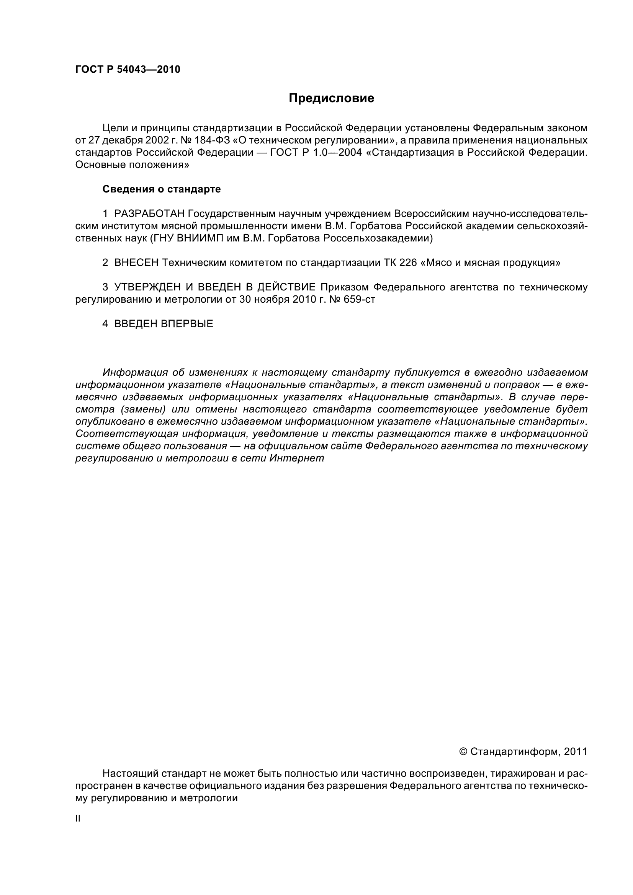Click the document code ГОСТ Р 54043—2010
pos(128,70)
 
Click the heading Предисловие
pos(331,98)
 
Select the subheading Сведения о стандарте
pos(162,189)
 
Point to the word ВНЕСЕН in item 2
pos(136,263)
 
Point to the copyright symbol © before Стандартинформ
pos(463,752)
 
